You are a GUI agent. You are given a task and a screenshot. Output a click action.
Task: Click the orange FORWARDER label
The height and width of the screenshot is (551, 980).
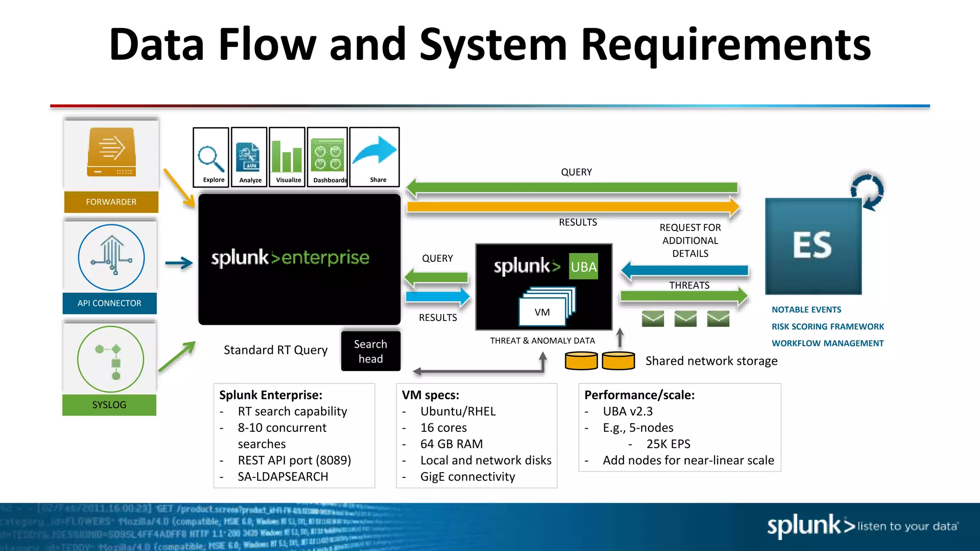tap(111, 202)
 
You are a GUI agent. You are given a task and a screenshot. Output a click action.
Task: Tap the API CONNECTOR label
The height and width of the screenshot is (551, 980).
tap(110, 303)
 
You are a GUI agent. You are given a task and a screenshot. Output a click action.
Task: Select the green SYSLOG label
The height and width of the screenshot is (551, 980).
tap(109, 405)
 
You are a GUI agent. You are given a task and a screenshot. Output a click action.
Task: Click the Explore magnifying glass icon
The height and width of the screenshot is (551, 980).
tap(211, 158)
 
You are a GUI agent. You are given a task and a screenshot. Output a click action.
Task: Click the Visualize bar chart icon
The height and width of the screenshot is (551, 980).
tap(287, 156)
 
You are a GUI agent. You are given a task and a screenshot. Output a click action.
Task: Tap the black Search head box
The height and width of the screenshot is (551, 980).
tap(370, 351)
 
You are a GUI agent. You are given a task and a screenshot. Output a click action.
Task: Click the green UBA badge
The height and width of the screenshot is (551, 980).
tap(584, 266)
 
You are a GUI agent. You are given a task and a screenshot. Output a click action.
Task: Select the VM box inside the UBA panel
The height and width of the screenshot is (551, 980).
tap(542, 312)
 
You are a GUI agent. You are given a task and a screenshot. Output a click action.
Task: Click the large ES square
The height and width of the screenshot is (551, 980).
tap(813, 246)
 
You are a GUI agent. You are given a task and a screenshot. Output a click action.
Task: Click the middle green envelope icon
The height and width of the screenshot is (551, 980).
tap(685, 319)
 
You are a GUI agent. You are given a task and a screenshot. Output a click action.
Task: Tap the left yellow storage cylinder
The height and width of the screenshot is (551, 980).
tap(581, 361)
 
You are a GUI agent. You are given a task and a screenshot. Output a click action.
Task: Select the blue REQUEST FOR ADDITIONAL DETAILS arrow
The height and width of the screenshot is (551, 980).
tap(685, 271)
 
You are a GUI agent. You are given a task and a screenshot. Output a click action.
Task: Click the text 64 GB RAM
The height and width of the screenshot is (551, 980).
tap(451, 444)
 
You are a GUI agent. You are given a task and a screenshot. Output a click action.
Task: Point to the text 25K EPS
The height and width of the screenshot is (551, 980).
tap(668, 444)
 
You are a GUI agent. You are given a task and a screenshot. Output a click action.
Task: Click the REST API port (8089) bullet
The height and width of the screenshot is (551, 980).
tap(294, 460)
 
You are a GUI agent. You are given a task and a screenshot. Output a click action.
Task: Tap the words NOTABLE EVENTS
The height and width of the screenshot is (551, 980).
tap(806, 310)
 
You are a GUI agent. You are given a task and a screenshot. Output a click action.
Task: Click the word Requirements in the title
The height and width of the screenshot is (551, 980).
tap(725, 45)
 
